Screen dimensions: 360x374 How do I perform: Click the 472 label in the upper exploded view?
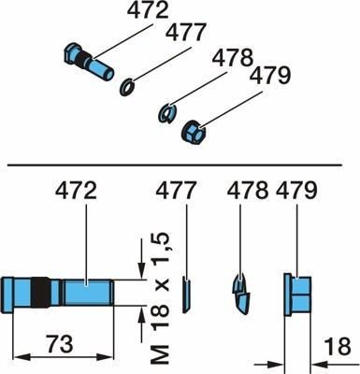[x=148, y=12]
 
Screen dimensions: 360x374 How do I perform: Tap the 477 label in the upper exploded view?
[x=186, y=32]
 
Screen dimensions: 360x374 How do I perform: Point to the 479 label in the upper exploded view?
[x=270, y=77]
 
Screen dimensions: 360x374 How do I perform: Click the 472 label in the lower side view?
[x=76, y=191]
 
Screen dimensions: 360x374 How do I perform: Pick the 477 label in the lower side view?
[x=177, y=191]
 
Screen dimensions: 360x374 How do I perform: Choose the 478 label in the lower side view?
[x=248, y=191]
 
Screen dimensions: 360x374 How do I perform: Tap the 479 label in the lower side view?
[x=296, y=191]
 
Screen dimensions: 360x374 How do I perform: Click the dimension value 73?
[x=60, y=344]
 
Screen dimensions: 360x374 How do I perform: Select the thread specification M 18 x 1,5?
[x=160, y=298]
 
